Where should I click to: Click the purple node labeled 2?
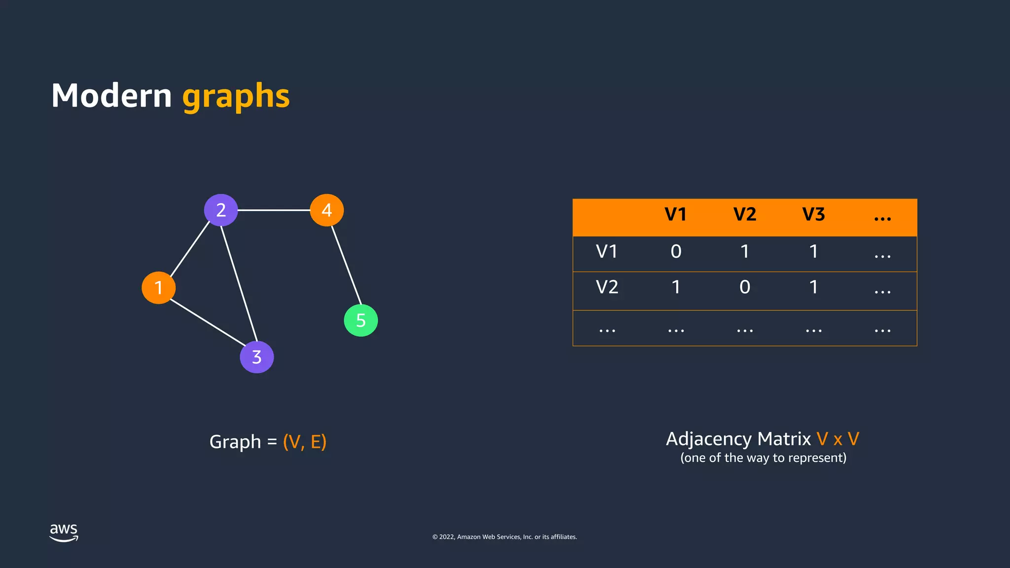pyautogui.click(x=221, y=210)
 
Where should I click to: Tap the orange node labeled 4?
pyautogui.click(x=326, y=210)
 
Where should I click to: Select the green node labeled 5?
pyautogui.click(x=361, y=320)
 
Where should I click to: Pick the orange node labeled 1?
pyautogui.click(x=158, y=287)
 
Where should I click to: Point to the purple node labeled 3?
pyautogui.click(x=256, y=357)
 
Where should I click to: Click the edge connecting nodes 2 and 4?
pyautogui.click(x=274, y=210)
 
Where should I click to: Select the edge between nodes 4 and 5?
pyautogui.click(x=346, y=265)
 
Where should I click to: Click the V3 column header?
pyautogui.click(x=813, y=214)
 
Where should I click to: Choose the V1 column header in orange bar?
pyautogui.click(x=676, y=214)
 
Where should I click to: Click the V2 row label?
pyautogui.click(x=607, y=287)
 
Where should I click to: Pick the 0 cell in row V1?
pyautogui.click(x=676, y=251)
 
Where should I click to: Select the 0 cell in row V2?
pyautogui.click(x=745, y=287)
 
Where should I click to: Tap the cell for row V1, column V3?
pyautogui.click(x=813, y=251)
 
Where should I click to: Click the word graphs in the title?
pyautogui.click(x=236, y=96)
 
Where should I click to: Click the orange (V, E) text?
pyautogui.click(x=304, y=442)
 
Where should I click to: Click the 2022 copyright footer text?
pyautogui.click(x=505, y=537)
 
